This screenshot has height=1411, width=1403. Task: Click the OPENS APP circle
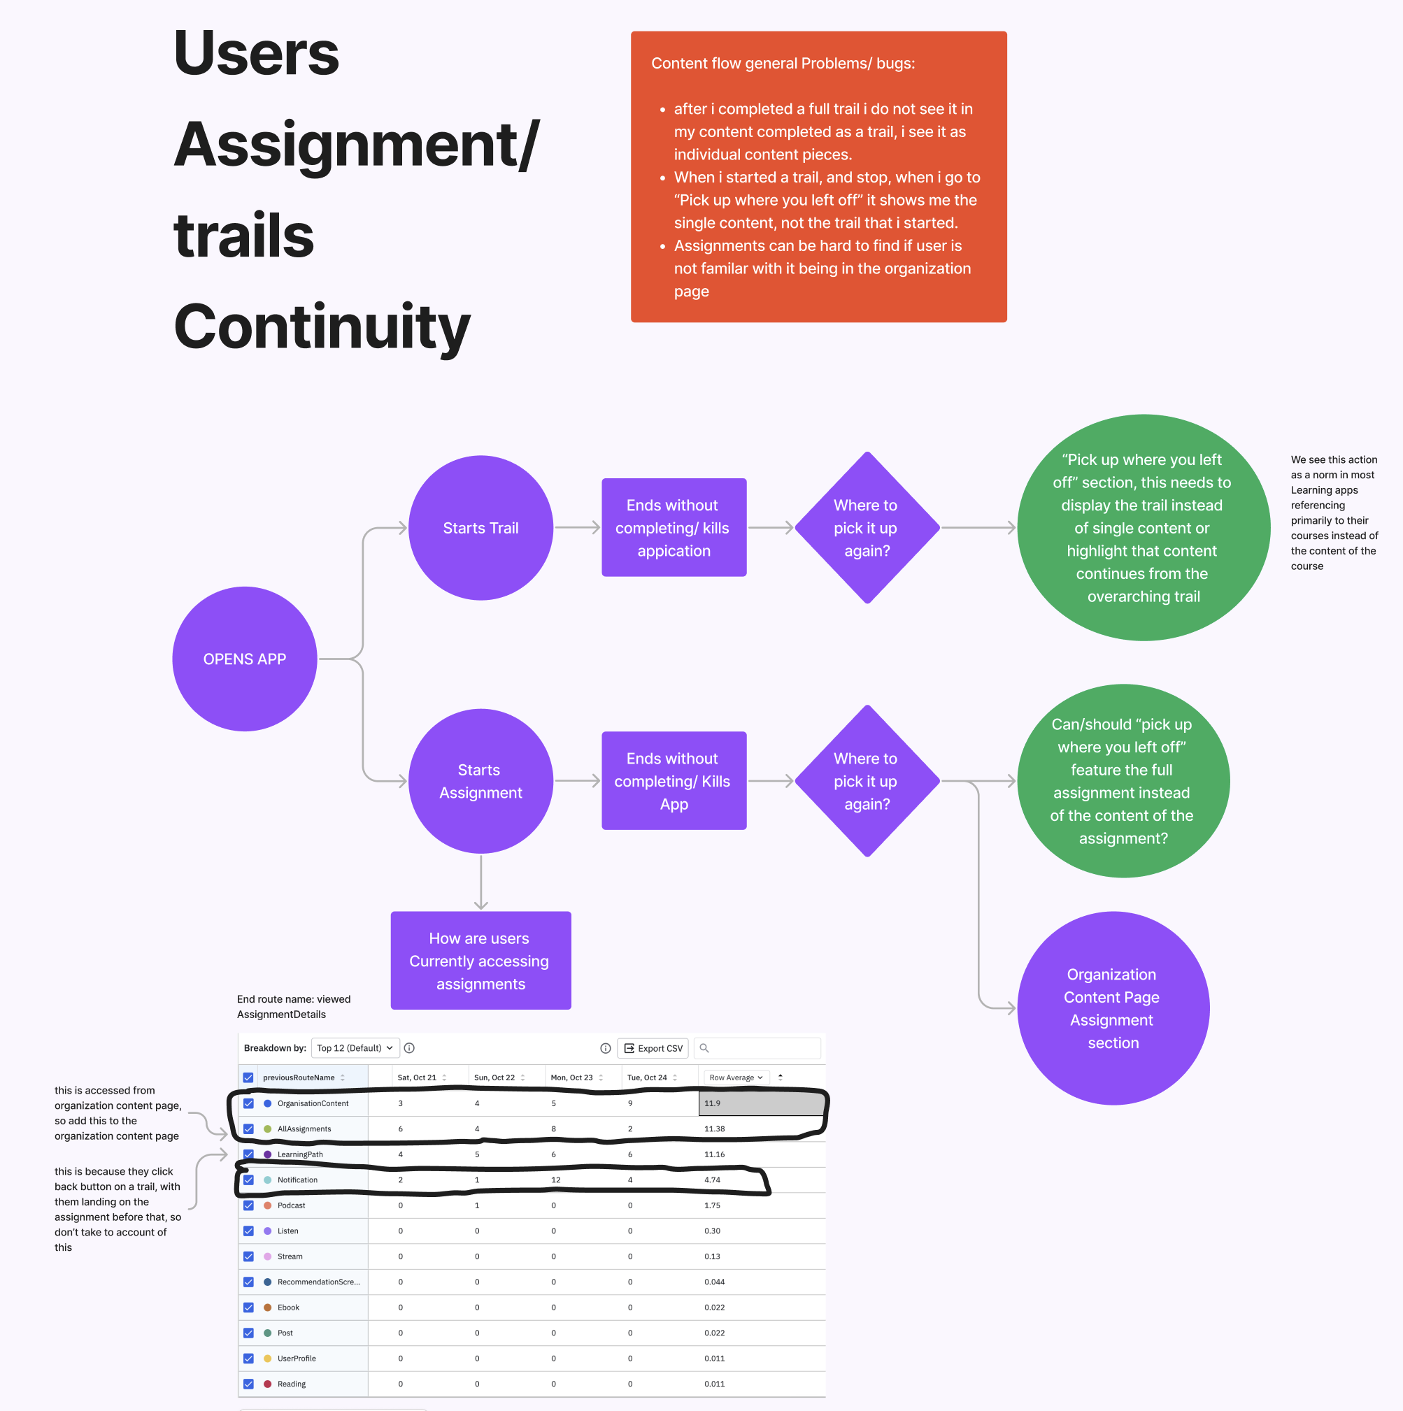tap(245, 659)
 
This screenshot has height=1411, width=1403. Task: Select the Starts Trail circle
tap(480, 528)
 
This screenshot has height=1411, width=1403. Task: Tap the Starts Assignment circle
tap(480, 781)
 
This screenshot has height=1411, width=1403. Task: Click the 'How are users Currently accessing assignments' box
tap(480, 961)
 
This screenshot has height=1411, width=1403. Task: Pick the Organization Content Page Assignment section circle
tap(1112, 1008)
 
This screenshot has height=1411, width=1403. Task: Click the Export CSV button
tap(653, 1048)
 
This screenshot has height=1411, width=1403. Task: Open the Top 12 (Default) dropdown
tap(355, 1048)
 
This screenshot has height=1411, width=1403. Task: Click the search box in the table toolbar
tap(760, 1048)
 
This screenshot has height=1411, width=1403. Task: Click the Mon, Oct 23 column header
tap(572, 1077)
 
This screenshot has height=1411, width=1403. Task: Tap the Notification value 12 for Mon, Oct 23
tap(556, 1180)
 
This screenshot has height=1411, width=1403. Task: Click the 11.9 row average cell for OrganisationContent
tap(760, 1103)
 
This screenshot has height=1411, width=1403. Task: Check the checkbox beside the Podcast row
tap(248, 1205)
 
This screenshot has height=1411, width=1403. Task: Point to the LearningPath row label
tap(300, 1154)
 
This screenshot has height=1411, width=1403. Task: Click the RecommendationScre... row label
tap(318, 1282)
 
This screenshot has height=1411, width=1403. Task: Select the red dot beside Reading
tap(267, 1384)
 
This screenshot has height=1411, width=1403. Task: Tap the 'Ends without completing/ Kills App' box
tap(674, 781)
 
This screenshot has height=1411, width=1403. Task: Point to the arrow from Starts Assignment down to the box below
tap(480, 882)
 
